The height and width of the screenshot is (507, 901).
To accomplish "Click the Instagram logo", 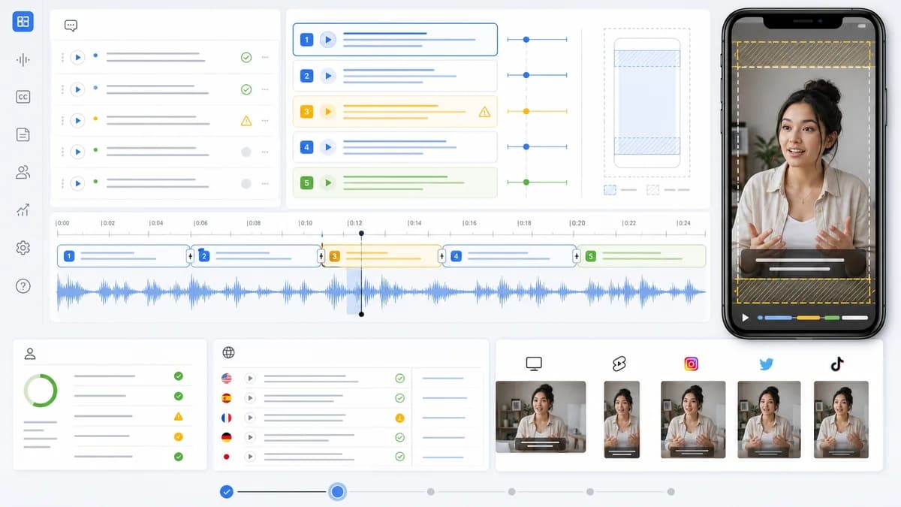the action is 691,364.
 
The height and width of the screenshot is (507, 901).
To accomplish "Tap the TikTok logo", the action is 837,364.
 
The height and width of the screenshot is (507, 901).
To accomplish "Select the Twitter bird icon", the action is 767,364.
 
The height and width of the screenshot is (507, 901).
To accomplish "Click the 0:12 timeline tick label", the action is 354,223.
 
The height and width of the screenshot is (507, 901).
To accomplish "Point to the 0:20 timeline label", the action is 577,223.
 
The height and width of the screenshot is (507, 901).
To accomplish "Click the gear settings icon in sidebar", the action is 23,248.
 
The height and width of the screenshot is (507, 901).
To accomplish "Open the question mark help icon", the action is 23,286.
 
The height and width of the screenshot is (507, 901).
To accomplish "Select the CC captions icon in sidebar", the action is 23,97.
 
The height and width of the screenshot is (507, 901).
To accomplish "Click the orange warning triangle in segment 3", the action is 485,111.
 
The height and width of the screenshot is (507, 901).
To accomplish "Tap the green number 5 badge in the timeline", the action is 590,256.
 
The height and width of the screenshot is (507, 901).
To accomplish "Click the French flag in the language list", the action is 227,418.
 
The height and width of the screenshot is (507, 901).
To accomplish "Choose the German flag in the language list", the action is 227,437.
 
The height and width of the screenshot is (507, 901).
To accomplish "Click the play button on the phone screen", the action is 746,318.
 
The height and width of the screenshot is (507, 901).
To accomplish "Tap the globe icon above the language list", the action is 228,352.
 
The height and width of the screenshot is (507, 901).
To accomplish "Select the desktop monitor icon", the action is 534,364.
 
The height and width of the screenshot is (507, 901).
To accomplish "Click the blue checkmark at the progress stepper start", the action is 227,492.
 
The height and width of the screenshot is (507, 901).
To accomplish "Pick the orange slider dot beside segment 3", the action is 526,111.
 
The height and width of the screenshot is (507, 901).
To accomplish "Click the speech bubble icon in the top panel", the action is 71,26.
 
